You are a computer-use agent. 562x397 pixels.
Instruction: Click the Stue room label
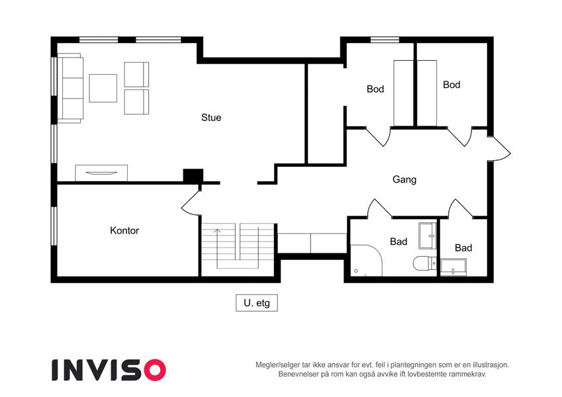[x=211, y=118]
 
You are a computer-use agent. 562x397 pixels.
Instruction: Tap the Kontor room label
[x=124, y=230]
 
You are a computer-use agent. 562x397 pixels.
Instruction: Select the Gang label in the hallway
[x=404, y=179]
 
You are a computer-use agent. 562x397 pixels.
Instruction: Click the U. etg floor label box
[x=257, y=303]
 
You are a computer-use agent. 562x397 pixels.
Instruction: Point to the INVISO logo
[x=109, y=370]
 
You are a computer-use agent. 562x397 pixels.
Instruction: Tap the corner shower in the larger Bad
[x=366, y=261]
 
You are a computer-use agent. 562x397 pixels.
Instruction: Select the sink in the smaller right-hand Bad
[x=453, y=267]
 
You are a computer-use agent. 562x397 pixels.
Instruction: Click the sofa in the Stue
[x=71, y=88]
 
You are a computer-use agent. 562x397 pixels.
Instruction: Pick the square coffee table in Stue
[x=103, y=88]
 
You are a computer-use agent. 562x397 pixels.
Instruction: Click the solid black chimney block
[x=193, y=175]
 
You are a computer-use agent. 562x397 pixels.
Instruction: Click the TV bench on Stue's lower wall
[x=101, y=173]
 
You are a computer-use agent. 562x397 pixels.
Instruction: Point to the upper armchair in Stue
[x=136, y=75]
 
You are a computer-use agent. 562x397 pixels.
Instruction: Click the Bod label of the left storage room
[x=375, y=89]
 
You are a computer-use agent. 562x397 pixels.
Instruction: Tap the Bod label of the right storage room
[x=451, y=85]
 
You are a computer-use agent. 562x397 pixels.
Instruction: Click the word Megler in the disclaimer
[x=267, y=365]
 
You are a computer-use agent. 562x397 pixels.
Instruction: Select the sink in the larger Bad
[x=428, y=236]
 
